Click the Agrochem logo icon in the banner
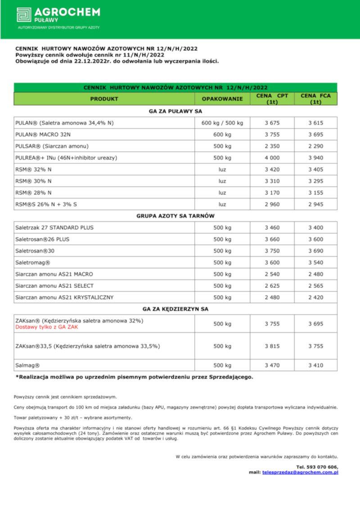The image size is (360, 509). [24, 14]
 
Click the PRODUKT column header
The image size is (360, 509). [104, 99]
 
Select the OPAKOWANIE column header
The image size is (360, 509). [222, 99]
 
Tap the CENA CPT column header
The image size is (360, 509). [272, 99]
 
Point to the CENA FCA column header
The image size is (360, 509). [315, 99]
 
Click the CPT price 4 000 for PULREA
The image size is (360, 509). [272, 158]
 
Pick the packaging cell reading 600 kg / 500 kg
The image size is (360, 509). [222, 123]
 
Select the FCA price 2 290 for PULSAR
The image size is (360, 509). [315, 146]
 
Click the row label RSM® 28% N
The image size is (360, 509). [33, 193]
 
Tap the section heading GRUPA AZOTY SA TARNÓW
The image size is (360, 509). [175, 216]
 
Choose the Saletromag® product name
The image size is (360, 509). [33, 262]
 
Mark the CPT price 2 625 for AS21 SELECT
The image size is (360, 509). [272, 286]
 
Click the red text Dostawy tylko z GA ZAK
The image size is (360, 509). [47, 327]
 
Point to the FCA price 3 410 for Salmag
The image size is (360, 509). [315, 365]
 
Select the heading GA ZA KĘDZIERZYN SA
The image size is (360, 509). [175, 309]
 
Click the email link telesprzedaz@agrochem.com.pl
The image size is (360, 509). [300, 473]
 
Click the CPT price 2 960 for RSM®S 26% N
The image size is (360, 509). [272, 204]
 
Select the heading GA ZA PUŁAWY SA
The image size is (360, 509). [175, 111]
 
